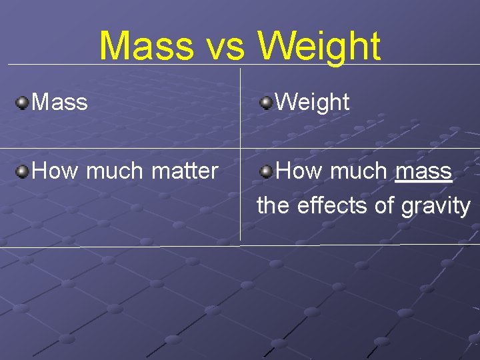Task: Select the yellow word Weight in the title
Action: (319, 47)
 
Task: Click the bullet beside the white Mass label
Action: (23, 102)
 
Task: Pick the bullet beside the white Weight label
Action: (266, 102)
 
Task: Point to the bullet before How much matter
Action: (23, 171)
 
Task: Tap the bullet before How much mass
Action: (266, 171)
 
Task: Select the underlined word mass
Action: (423, 171)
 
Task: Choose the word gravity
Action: (436, 206)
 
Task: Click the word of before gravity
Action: (384, 205)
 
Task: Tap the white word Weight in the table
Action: (312, 102)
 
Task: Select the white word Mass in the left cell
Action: (59, 102)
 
